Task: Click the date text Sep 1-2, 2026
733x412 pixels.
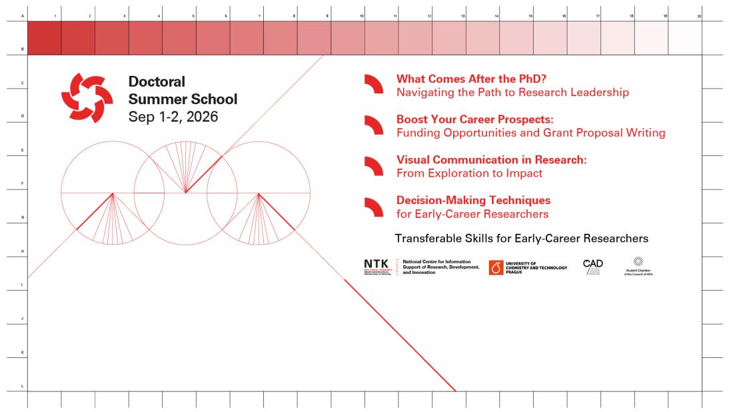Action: pyautogui.click(x=173, y=117)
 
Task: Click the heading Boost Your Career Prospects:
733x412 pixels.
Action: pyautogui.click(x=475, y=119)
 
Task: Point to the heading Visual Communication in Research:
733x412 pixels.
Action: pyautogui.click(x=491, y=160)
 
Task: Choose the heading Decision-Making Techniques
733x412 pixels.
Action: pyautogui.click(x=473, y=200)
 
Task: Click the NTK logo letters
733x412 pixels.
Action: pyautogui.click(x=376, y=265)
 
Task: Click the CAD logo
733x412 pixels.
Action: pyautogui.click(x=592, y=264)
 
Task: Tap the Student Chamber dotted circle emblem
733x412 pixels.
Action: pyautogui.click(x=638, y=261)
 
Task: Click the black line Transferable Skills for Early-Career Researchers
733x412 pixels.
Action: pyautogui.click(x=521, y=238)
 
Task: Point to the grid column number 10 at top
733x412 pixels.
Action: pyautogui.click(x=362, y=15)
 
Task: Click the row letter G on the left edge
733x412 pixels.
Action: pyautogui.click(x=23, y=217)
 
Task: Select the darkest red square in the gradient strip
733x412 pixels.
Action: pyautogui.click(x=44, y=37)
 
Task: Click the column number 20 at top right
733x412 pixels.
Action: pyautogui.click(x=699, y=15)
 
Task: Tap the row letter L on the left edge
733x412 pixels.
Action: pyautogui.click(x=23, y=386)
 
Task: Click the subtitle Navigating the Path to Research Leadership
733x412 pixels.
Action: pyautogui.click(x=512, y=92)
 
